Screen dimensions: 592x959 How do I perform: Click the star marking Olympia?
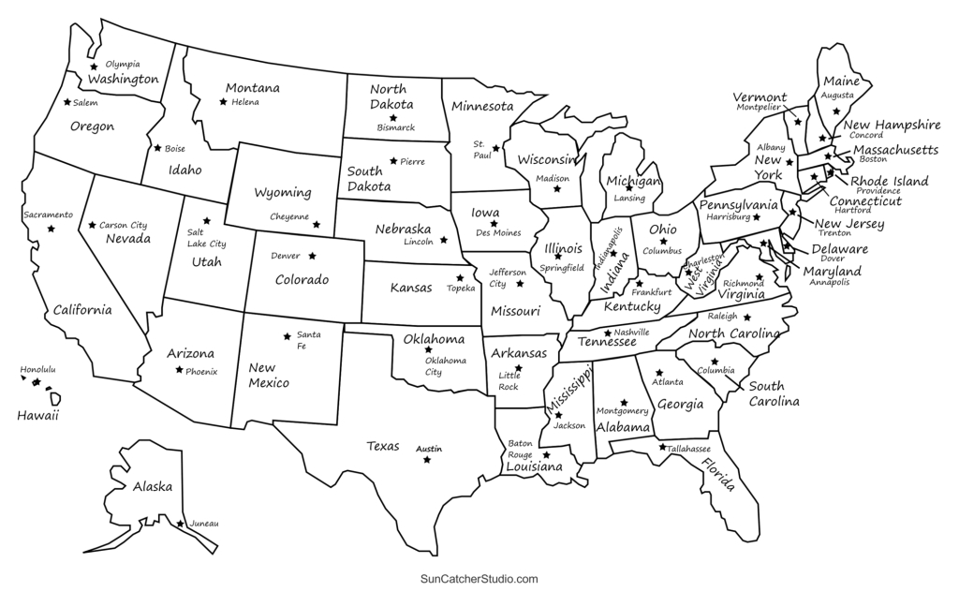pyautogui.click(x=94, y=67)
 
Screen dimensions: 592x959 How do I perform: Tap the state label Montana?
pyautogui.click(x=252, y=88)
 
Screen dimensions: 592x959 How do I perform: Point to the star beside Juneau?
pyautogui.click(x=181, y=523)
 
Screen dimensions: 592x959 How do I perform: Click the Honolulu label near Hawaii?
pyautogui.click(x=38, y=370)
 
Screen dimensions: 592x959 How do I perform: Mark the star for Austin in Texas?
pyautogui.click(x=427, y=459)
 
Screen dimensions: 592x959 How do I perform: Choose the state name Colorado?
pyautogui.click(x=302, y=279)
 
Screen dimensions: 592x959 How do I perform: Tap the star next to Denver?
pyautogui.click(x=312, y=256)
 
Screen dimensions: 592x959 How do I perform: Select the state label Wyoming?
pyautogui.click(x=283, y=193)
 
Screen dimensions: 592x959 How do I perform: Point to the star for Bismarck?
pyautogui.click(x=393, y=118)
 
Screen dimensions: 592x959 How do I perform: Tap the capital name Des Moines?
pyautogui.click(x=496, y=233)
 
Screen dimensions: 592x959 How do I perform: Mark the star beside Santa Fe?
pyautogui.click(x=287, y=336)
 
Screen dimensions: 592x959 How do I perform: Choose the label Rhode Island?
pyautogui.click(x=890, y=181)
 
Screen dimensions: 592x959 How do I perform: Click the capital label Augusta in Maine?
pyautogui.click(x=837, y=96)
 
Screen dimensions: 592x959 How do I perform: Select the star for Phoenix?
pyautogui.click(x=178, y=371)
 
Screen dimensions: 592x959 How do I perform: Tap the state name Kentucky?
pyautogui.click(x=631, y=306)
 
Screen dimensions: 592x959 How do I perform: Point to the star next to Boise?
pyautogui.click(x=157, y=148)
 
